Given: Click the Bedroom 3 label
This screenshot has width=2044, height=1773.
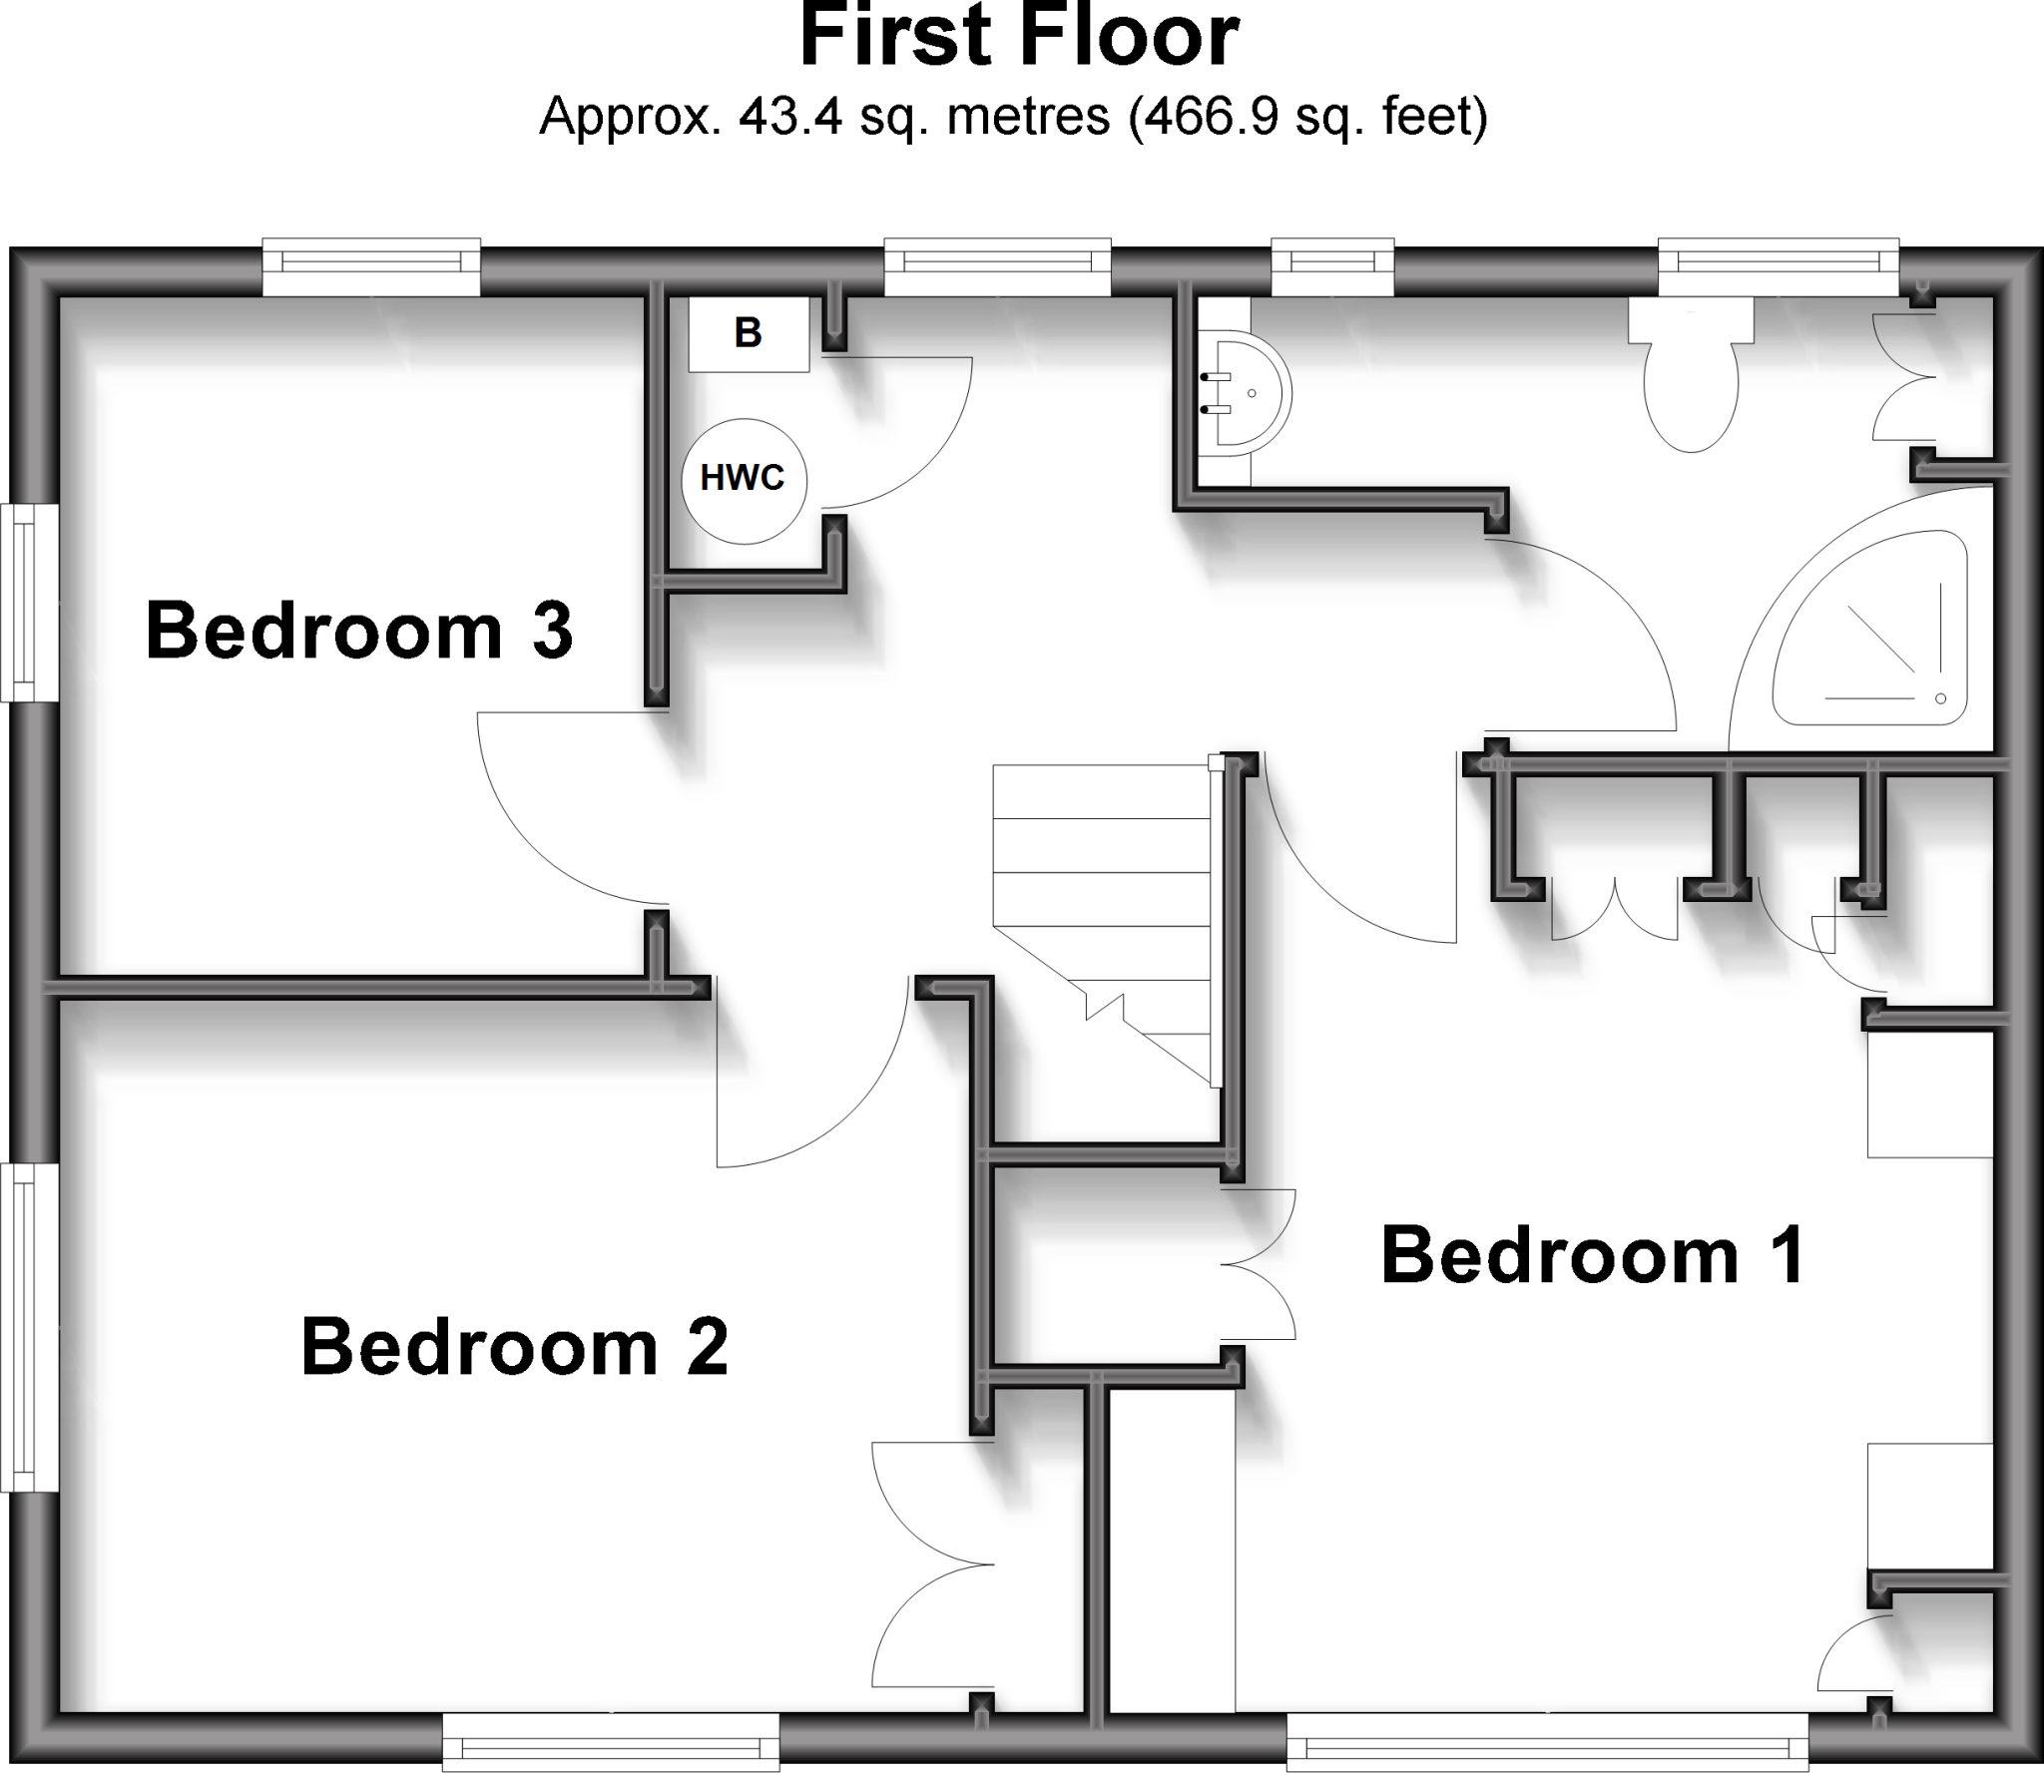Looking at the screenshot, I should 359,631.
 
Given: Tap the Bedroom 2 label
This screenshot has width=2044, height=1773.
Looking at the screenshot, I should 514,1347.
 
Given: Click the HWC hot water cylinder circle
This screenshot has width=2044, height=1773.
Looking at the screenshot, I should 744,480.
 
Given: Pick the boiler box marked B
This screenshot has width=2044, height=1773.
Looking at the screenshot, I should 749,333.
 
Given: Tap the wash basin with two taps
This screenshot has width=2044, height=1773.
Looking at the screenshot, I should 1243,394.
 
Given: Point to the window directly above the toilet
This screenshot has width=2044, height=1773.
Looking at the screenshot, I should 1778,267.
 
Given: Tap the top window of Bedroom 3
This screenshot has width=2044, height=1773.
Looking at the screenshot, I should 371,267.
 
